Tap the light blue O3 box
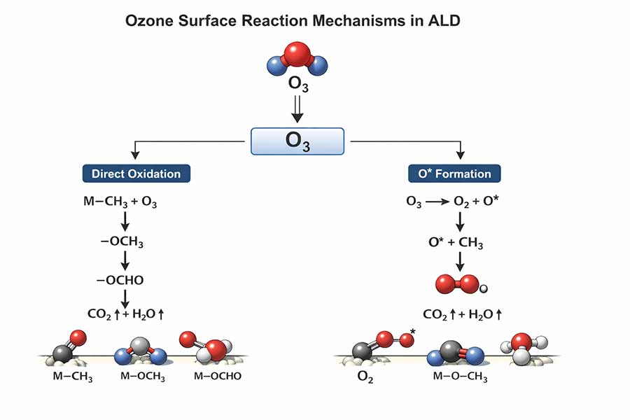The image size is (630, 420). point(297,141)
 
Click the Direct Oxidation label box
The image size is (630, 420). point(136,174)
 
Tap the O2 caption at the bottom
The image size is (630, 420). point(366,379)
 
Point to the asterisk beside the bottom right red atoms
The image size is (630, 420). point(414,332)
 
